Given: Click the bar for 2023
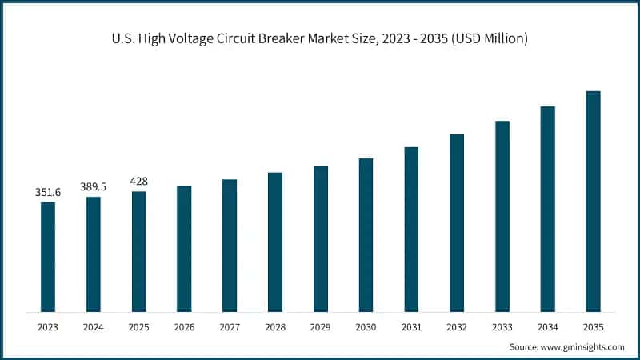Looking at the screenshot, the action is tap(48, 257).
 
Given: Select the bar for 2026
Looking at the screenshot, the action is tap(184, 249).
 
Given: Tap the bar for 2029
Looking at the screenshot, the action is tap(321, 239).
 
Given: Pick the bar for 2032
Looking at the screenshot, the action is tap(457, 223).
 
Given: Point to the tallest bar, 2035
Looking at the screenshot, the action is tap(593, 202).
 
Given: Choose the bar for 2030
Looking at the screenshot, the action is tap(366, 235).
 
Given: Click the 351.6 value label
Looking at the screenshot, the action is tap(48, 192).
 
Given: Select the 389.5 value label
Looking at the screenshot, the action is tap(93, 187).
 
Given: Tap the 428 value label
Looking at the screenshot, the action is tap(138, 182).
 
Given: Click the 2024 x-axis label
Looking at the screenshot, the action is tap(93, 327).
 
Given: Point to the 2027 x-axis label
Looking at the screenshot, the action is tap(230, 327).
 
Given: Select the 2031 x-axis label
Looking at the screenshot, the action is tap(411, 327).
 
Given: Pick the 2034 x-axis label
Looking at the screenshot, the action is tap(547, 327).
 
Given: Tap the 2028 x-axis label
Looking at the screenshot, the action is tap(275, 327).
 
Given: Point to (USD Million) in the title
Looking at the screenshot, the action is tap(490, 38).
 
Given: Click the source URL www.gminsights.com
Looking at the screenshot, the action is tap(582, 347).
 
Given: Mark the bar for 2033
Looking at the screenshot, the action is tap(502, 217).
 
